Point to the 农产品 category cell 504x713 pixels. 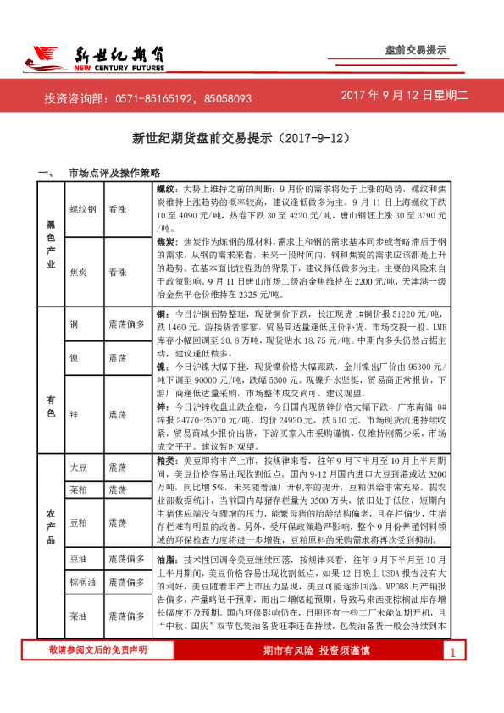click(50, 542)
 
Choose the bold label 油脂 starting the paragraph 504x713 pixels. click(167, 561)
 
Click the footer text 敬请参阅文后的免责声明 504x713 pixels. click(97, 673)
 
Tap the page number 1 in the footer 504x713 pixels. click(453, 677)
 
